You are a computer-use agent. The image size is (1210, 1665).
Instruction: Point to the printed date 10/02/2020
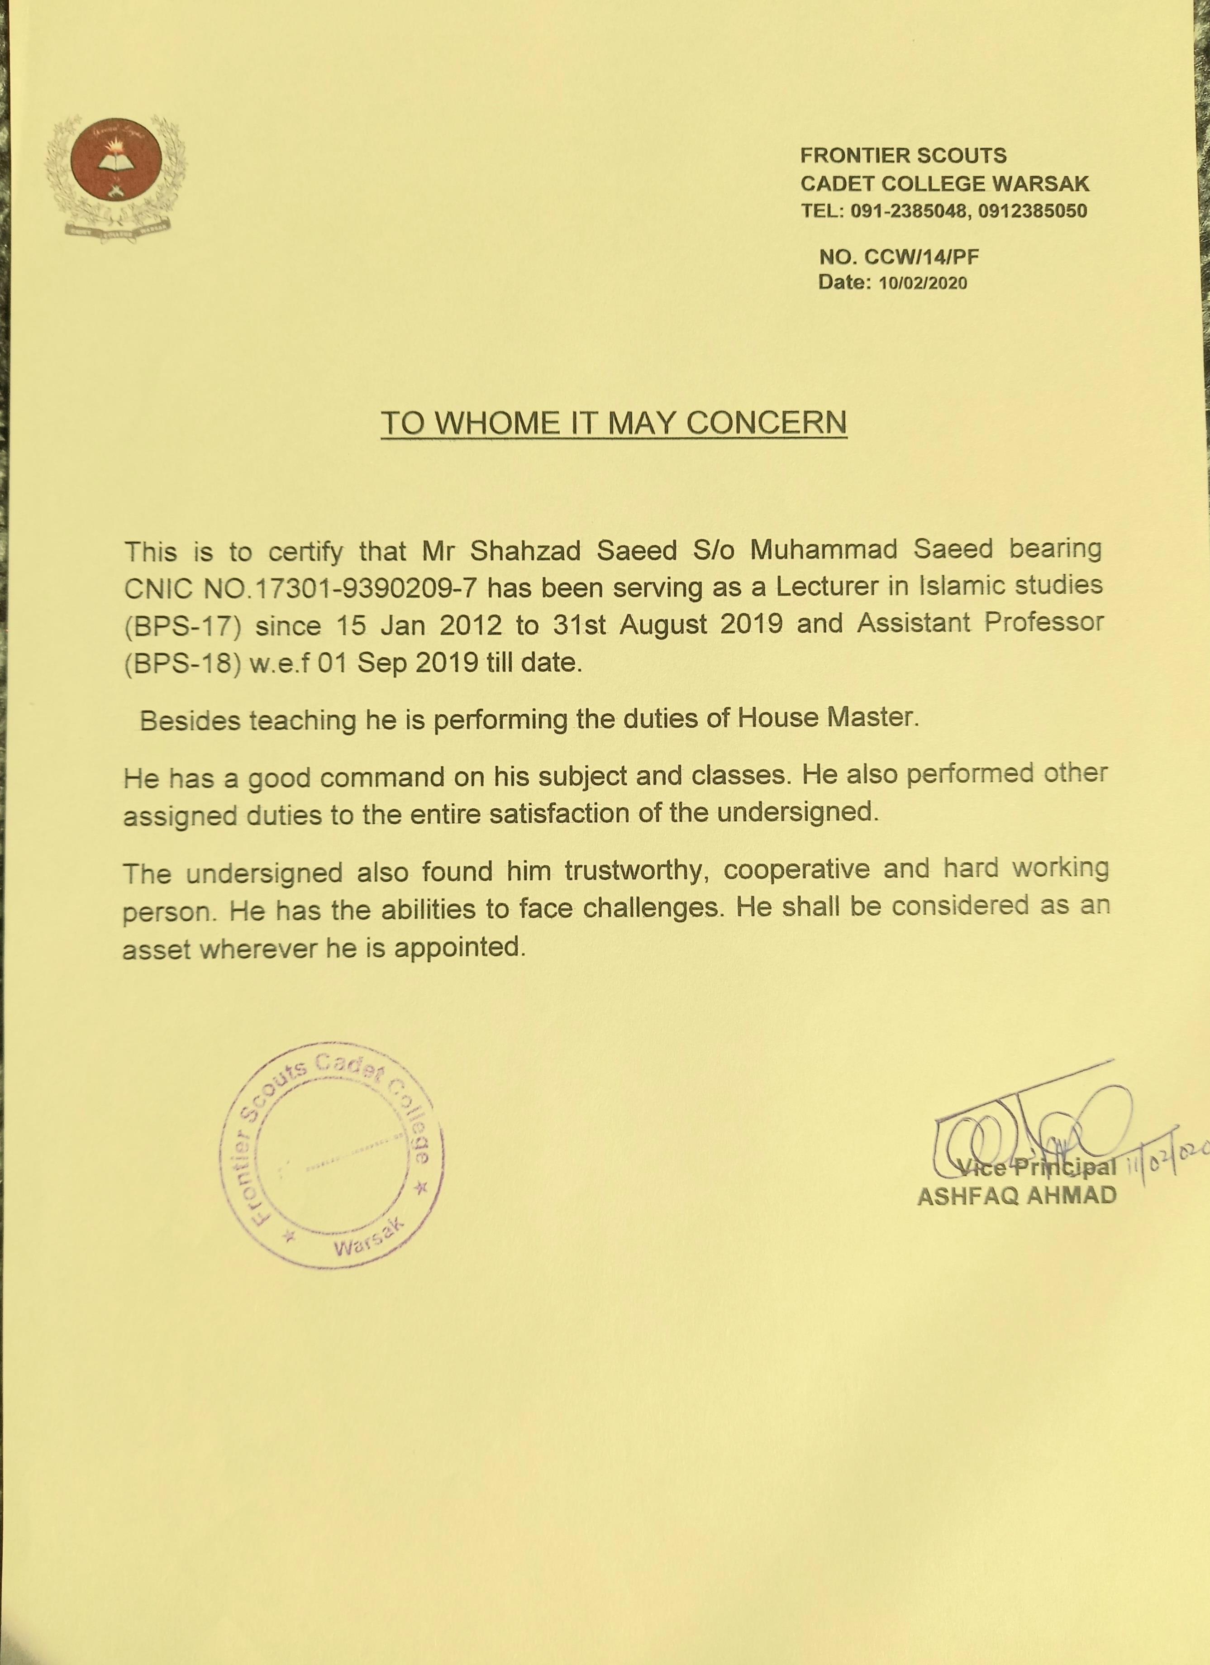coord(923,283)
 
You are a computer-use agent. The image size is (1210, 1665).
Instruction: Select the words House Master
coord(828,717)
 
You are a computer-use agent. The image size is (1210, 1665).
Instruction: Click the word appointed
coord(460,948)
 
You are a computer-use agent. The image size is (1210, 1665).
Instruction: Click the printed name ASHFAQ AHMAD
coord(1017,1195)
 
